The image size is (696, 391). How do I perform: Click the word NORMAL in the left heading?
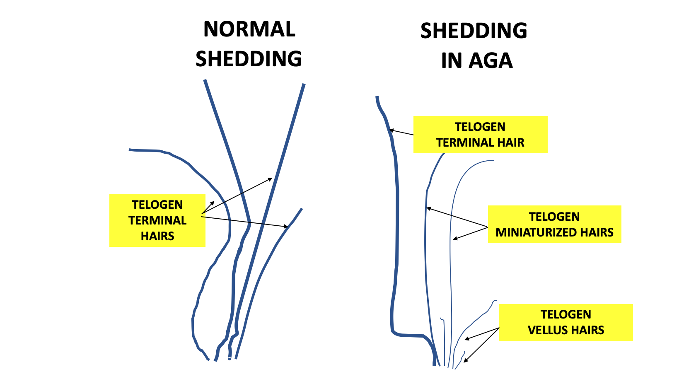(x=249, y=29)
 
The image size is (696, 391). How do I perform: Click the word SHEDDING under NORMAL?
(x=249, y=59)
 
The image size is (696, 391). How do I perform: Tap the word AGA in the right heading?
(x=491, y=61)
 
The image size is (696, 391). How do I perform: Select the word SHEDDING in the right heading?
(x=474, y=31)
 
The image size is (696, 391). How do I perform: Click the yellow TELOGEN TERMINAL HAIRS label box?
(x=157, y=220)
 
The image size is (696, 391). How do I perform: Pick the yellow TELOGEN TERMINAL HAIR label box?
(x=480, y=135)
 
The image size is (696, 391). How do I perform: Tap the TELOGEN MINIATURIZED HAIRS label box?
(x=554, y=224)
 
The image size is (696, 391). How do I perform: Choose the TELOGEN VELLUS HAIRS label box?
(x=565, y=322)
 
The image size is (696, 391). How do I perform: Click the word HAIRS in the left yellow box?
(x=157, y=236)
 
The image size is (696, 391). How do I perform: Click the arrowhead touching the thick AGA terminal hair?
(x=391, y=131)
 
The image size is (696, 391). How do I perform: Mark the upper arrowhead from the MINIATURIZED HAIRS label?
(x=429, y=208)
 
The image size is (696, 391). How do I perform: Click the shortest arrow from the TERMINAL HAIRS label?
(x=208, y=208)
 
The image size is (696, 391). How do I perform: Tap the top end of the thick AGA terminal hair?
(x=377, y=98)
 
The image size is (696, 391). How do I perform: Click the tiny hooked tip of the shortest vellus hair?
(x=442, y=319)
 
